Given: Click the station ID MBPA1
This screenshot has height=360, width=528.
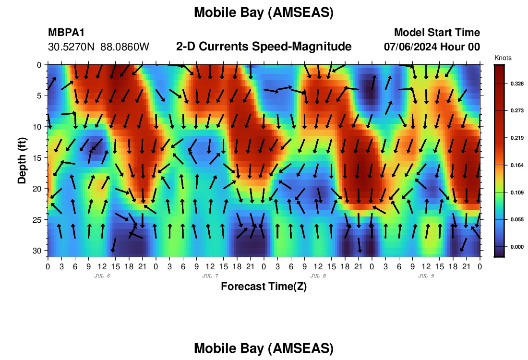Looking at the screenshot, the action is pyautogui.click(x=66, y=32).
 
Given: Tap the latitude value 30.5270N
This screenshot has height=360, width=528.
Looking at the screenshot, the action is pyautogui.click(x=72, y=47).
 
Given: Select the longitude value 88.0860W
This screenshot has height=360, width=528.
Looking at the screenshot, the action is pyautogui.click(x=125, y=47).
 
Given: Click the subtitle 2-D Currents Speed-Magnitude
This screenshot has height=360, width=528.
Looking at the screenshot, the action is pyautogui.click(x=264, y=47).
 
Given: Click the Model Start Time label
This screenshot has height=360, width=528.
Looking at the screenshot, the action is pyautogui.click(x=437, y=32).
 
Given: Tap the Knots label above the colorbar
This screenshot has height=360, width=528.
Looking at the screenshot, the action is pyautogui.click(x=503, y=58).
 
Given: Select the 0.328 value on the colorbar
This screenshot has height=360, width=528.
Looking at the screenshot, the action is pyautogui.click(x=517, y=84).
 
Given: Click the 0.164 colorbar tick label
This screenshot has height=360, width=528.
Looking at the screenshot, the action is pyautogui.click(x=517, y=165).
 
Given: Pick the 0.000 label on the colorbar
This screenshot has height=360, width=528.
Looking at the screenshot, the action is pyautogui.click(x=517, y=247).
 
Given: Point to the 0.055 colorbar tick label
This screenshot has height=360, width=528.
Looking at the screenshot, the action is pyautogui.click(x=517, y=219).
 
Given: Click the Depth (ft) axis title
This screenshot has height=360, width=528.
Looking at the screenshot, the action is pyautogui.click(x=22, y=161).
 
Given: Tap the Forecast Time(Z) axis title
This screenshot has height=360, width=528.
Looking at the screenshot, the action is pyautogui.click(x=264, y=287).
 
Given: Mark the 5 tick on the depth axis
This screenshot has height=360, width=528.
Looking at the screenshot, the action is pyautogui.click(x=39, y=96).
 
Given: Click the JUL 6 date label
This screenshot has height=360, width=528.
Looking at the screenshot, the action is pyautogui.click(x=102, y=276).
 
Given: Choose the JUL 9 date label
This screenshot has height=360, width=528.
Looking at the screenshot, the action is pyautogui.click(x=426, y=276).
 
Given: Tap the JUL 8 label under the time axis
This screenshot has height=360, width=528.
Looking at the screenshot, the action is pyautogui.click(x=318, y=276).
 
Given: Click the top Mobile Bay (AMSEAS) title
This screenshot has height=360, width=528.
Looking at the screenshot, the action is pyautogui.click(x=264, y=12).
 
